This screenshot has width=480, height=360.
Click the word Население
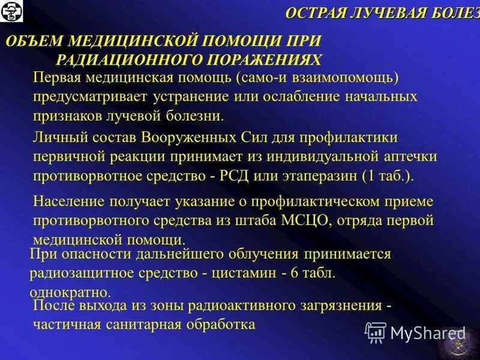68,200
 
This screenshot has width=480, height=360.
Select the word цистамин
244,273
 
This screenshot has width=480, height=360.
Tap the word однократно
70,293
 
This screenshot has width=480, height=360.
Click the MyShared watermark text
428,332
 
